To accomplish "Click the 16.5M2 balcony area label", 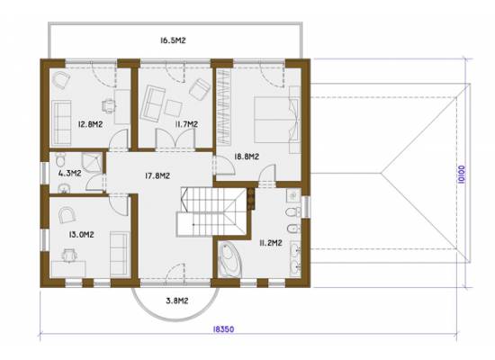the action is pos(173,40).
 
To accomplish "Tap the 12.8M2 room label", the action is pos(90,124).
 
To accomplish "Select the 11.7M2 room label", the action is pos(186,124).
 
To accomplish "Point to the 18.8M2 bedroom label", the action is pos(247,157).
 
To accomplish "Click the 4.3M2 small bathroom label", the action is pos(70,173).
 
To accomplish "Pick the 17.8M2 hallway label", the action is pos(157,175).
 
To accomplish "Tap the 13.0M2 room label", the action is pos(81,235).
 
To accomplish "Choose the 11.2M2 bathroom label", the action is pos(271,243).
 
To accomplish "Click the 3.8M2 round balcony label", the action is pos(177,301).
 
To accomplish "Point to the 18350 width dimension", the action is pos(223,329).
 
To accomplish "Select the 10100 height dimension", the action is pos(461,175).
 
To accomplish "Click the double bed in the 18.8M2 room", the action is pos(276,120).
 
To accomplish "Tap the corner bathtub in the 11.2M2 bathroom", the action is pos(229,259).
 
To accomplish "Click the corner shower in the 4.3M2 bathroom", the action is pos(92,162).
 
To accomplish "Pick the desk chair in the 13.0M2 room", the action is pos(70,256).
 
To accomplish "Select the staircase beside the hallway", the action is pos(211,211).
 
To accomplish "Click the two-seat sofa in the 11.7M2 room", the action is pos(152,103).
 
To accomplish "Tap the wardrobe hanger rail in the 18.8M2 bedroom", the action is pos(223,107).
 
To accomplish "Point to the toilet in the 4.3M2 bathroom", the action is pos(60,159).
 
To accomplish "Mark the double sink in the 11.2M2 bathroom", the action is pos(296,259).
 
